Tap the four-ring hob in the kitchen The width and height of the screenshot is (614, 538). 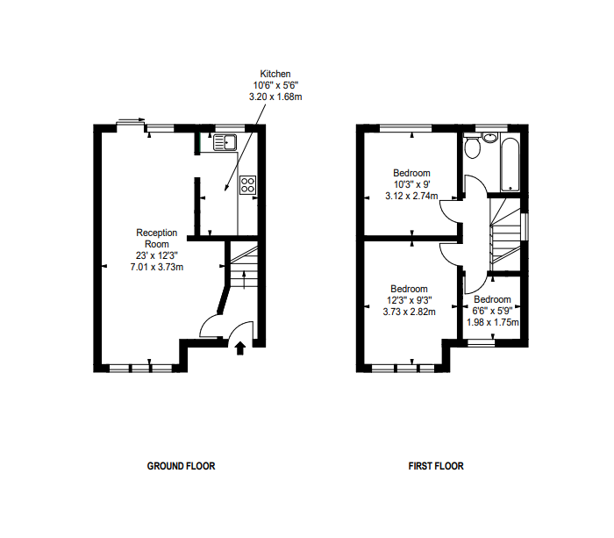(248, 184)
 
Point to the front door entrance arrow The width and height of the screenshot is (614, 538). (240, 348)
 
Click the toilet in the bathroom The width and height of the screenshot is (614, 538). (473, 147)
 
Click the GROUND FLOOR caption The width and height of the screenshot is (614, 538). (181, 466)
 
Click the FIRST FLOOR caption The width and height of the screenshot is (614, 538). (436, 466)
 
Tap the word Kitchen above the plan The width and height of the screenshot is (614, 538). (275, 74)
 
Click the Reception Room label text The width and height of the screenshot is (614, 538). (157, 238)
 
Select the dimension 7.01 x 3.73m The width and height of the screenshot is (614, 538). (157, 267)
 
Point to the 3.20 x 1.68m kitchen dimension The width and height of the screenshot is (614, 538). (275, 97)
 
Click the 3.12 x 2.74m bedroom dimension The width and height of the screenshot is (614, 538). (411, 196)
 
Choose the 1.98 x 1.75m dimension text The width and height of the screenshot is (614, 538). (492, 322)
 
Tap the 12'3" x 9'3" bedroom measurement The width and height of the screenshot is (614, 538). (409, 299)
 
